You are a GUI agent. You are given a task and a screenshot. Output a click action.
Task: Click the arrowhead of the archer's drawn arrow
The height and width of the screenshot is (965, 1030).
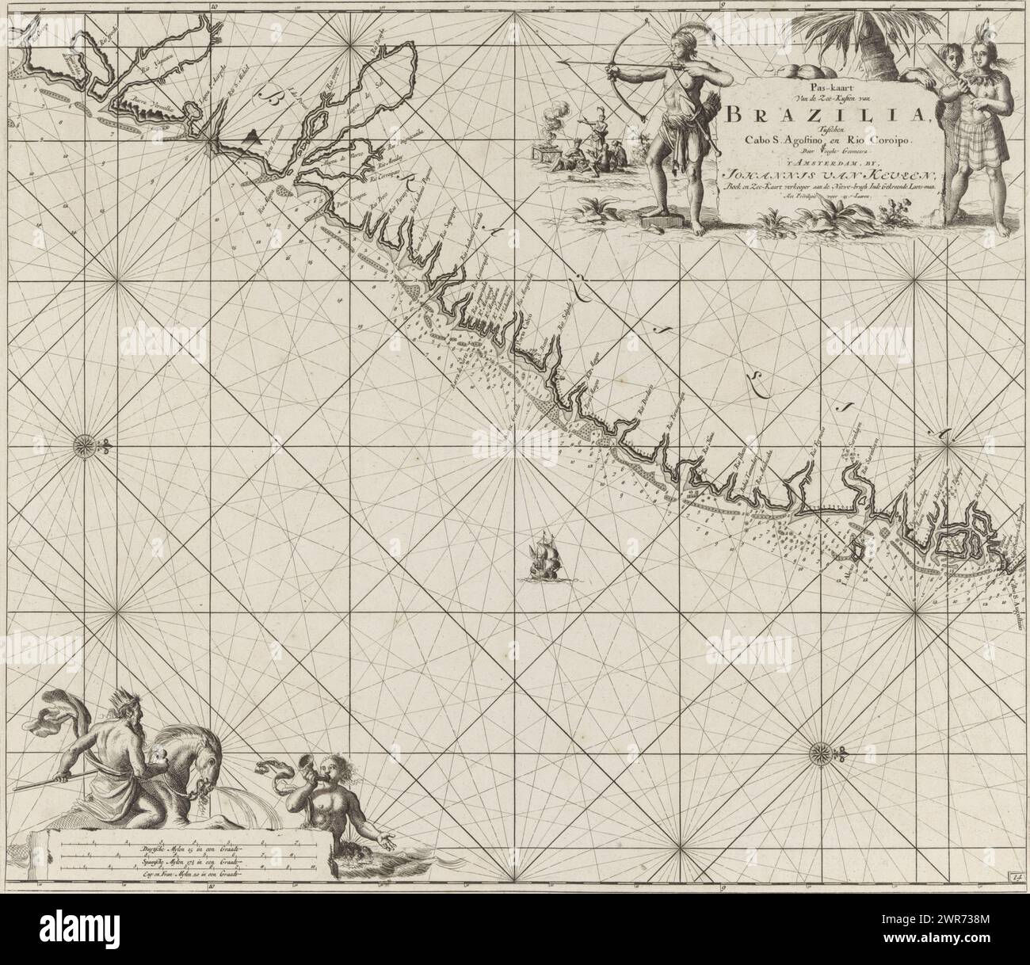tap(562, 61)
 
